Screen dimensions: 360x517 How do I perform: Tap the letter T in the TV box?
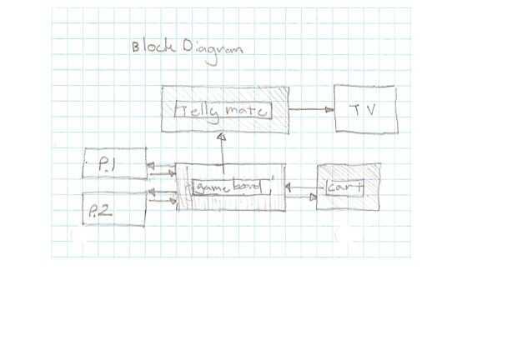[x=354, y=109]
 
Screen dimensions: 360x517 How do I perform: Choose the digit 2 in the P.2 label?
[x=107, y=214]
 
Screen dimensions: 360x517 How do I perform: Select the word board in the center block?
[x=246, y=187]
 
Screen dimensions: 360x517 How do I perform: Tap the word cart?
[x=344, y=188]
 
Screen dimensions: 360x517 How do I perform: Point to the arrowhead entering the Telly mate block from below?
[x=221, y=137]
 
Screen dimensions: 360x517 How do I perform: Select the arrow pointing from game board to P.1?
[x=159, y=166]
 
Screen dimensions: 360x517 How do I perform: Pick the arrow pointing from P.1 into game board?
[x=161, y=175]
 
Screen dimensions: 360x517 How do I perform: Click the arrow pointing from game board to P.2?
[x=159, y=192]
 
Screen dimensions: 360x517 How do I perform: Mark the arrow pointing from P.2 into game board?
[x=161, y=201]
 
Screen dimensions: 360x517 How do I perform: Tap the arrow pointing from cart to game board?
[x=300, y=187]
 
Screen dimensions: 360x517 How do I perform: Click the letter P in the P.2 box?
[x=93, y=214]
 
